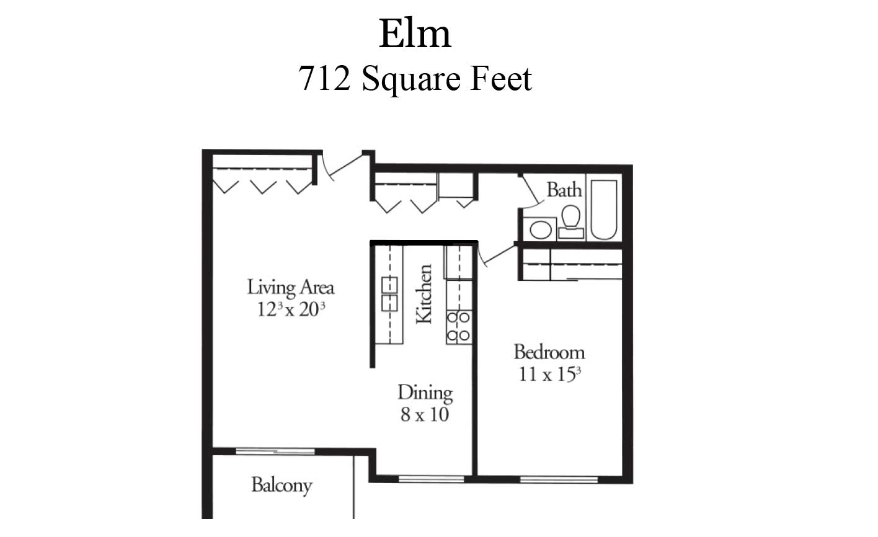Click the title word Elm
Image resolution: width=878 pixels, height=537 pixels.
[x=415, y=33]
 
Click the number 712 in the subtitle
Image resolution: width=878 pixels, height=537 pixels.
[x=324, y=79]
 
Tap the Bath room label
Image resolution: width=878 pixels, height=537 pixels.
[x=564, y=190]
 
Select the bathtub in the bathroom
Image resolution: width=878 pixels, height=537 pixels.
[x=603, y=210]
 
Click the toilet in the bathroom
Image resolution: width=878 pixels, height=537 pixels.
[x=570, y=221]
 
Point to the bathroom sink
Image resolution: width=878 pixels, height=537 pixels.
[x=540, y=229]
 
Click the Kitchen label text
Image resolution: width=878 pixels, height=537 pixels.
[x=423, y=294]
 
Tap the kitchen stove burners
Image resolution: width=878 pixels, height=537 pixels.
[x=458, y=327]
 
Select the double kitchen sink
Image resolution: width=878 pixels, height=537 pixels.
[x=389, y=293]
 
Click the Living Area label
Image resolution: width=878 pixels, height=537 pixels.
[x=290, y=287]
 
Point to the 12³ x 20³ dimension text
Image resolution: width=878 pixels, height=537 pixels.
[x=291, y=309]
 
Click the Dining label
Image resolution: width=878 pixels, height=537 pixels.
[x=425, y=393]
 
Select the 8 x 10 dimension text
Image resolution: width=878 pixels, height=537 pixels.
[x=424, y=415]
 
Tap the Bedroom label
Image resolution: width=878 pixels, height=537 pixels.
[x=549, y=353]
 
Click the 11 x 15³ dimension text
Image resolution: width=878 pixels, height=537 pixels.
[x=549, y=375]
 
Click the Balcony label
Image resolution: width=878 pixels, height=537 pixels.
[x=281, y=485]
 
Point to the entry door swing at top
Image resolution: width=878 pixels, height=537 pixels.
[x=345, y=166]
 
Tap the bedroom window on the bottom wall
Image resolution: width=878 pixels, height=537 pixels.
[x=559, y=479]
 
